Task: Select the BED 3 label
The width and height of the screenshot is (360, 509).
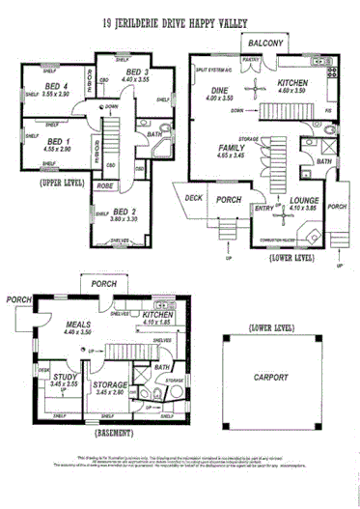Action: (x=137, y=73)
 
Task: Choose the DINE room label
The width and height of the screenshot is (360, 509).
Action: (x=219, y=89)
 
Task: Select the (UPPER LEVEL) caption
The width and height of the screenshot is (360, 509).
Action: (x=62, y=182)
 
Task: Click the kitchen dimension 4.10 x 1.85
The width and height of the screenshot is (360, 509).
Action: (x=155, y=324)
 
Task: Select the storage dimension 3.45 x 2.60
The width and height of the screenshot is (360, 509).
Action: (x=109, y=392)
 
